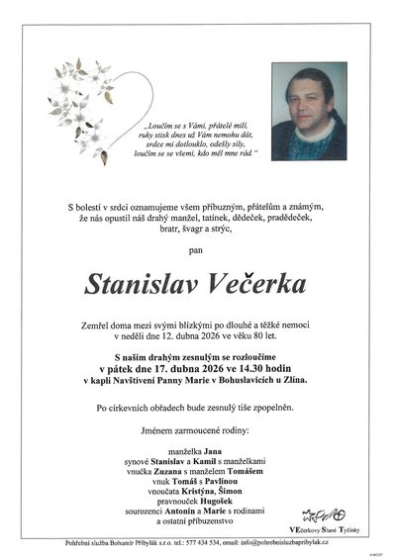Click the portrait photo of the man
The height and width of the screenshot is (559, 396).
[x=309, y=112]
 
